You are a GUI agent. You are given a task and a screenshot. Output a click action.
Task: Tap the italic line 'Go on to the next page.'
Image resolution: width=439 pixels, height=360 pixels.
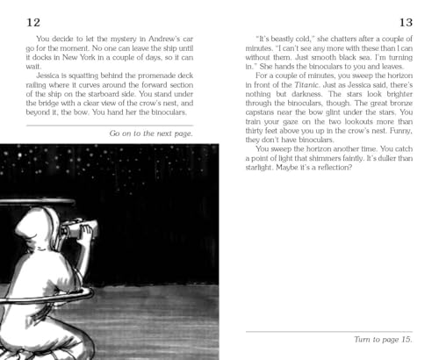tap(151, 133)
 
